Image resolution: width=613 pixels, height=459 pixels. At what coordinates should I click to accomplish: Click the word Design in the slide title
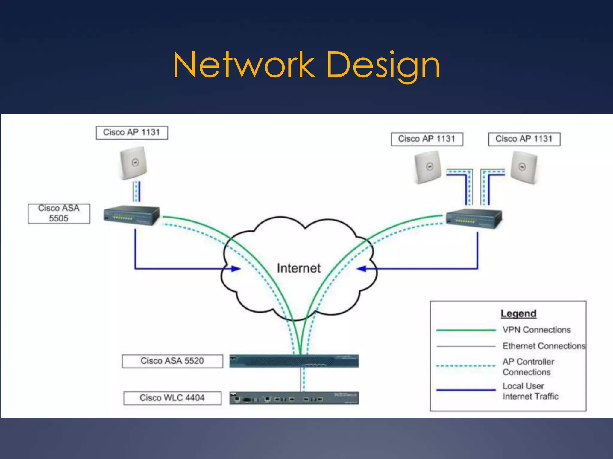(x=383, y=65)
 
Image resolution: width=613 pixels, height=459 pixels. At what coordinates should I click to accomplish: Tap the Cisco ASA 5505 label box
(x=59, y=213)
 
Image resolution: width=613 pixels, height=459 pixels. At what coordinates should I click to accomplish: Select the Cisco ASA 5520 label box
(x=172, y=361)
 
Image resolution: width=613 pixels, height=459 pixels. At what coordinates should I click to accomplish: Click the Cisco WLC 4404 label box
(x=172, y=398)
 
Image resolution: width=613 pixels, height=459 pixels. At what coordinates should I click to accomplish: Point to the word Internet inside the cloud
(x=298, y=268)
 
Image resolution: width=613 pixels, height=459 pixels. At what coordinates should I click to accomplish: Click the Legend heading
(x=518, y=313)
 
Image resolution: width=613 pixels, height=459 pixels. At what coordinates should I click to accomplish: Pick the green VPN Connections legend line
(x=466, y=330)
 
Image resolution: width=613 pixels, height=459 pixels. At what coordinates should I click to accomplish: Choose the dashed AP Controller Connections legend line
(x=466, y=366)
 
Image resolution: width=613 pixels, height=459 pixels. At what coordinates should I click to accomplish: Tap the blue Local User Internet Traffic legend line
(x=466, y=390)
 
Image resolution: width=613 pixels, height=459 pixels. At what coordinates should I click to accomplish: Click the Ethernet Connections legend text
(x=544, y=346)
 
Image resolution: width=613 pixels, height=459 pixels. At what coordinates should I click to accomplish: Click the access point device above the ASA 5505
(x=133, y=163)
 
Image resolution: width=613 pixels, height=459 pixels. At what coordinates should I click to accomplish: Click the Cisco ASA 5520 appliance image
(x=294, y=361)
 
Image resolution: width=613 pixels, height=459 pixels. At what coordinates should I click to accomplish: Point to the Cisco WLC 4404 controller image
(x=294, y=398)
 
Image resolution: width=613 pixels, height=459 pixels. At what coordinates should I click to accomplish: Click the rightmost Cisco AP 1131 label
(x=524, y=139)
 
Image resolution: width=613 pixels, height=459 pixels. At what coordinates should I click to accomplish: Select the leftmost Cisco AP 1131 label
(x=132, y=132)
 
